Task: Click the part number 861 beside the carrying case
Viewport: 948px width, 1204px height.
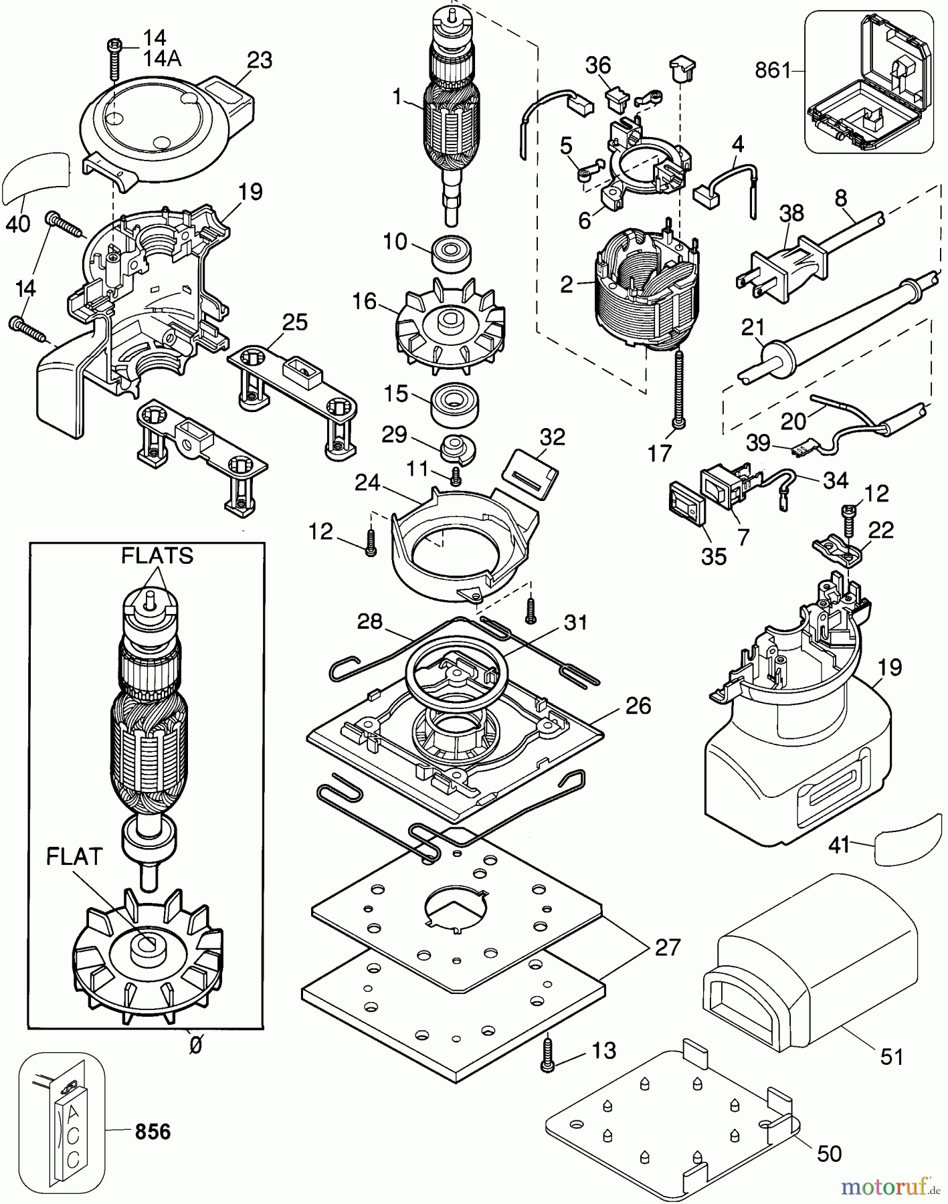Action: (773, 70)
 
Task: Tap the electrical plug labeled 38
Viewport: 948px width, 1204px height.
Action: (782, 270)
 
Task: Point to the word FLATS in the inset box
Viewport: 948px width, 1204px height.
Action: (157, 555)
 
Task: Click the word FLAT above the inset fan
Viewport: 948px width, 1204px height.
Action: (74, 857)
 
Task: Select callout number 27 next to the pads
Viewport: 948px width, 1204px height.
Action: (667, 947)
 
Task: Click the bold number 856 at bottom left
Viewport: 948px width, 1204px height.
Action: (153, 1132)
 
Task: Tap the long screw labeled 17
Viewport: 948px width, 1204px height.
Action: (680, 388)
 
